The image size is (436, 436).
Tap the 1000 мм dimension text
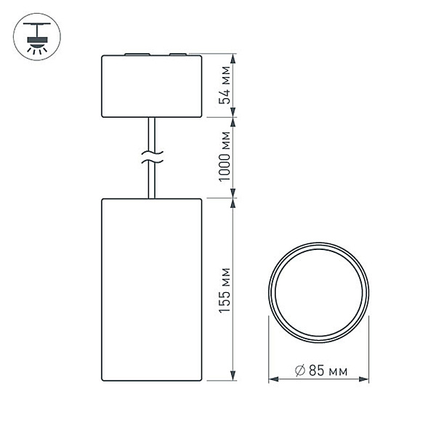[226, 156]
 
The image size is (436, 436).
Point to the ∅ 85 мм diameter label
[320, 371]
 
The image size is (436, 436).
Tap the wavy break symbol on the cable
[151, 155]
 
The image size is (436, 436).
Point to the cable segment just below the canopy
[150, 131]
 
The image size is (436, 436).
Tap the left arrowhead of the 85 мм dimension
[272, 379]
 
